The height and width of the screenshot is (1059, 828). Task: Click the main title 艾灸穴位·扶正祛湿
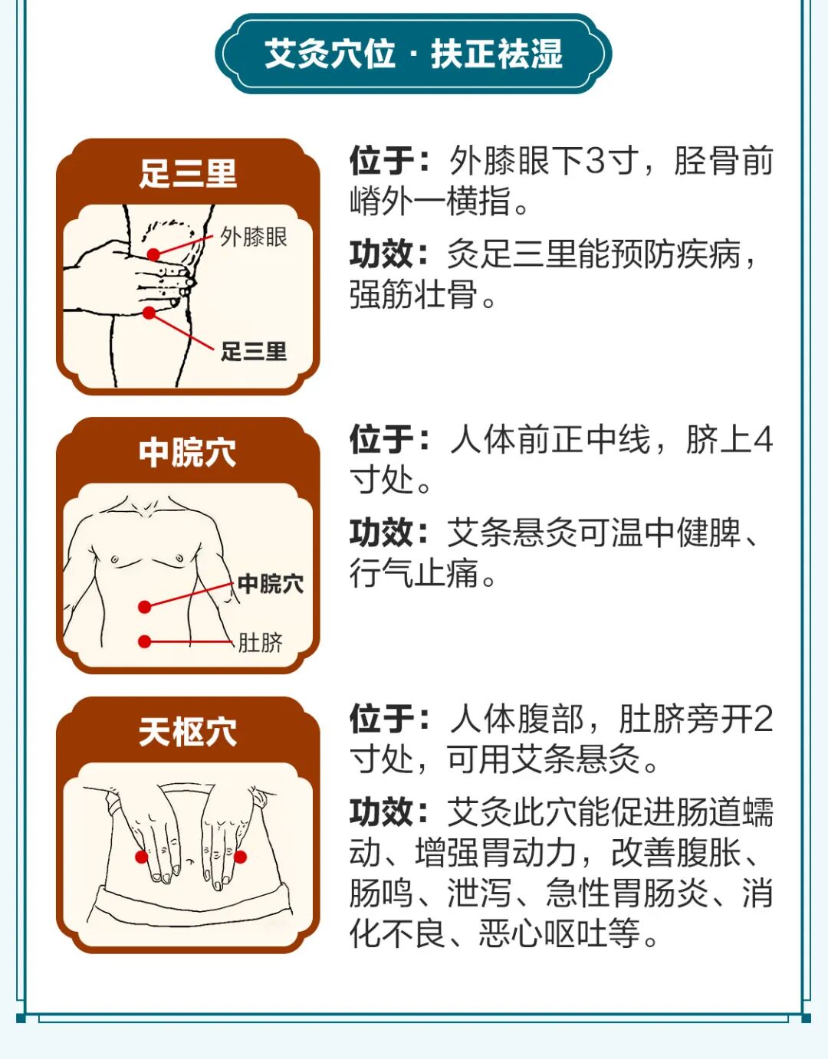pyautogui.click(x=413, y=54)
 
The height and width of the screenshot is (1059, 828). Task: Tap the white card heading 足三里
pyautogui.click(x=188, y=173)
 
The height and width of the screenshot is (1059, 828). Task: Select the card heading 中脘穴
pyautogui.click(x=188, y=452)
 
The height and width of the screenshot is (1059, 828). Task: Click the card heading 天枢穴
pyautogui.click(x=188, y=732)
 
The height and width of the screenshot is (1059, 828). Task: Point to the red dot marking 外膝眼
pyautogui.click(x=153, y=254)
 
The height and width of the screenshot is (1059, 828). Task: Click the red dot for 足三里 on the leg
pyautogui.click(x=149, y=313)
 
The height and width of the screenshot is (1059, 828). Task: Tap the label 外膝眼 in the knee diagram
pyautogui.click(x=254, y=238)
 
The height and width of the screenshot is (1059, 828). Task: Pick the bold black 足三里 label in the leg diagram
pyautogui.click(x=254, y=352)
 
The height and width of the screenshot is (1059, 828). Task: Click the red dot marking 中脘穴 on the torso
pyautogui.click(x=144, y=607)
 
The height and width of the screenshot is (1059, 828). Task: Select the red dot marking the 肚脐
pyautogui.click(x=144, y=641)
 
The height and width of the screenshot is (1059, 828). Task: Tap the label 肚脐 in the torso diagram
pyautogui.click(x=260, y=643)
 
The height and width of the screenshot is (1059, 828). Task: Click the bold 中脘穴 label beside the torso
pyautogui.click(x=271, y=584)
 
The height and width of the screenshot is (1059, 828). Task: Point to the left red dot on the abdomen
pyautogui.click(x=141, y=857)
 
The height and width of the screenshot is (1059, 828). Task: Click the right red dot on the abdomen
pyautogui.click(x=240, y=857)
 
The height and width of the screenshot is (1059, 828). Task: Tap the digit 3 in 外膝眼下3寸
pyautogui.click(x=594, y=161)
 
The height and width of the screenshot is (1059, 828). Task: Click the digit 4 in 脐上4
pyautogui.click(x=763, y=440)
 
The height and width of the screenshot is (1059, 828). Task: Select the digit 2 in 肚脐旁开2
pyautogui.click(x=763, y=719)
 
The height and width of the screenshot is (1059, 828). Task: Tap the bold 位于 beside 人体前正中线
pyautogui.click(x=382, y=440)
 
